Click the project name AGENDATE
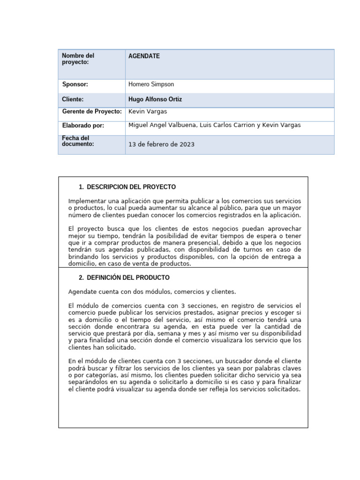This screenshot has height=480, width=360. pos(144,56)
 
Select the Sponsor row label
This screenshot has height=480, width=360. pos(75,84)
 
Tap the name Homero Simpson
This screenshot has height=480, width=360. pos(151,84)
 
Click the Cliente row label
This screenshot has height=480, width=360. pos(73,99)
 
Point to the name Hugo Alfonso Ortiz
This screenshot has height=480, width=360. pos(155,99)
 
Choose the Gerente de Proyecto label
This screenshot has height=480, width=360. pos(92,112)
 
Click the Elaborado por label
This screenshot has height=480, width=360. pos(83,126)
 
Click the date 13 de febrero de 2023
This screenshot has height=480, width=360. pos(161,144)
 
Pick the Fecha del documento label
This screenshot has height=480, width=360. pos(78,141)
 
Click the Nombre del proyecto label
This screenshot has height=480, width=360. pos(78,59)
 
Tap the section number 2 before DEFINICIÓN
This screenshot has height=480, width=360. pos(81,278)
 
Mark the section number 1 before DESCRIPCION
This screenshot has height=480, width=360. pos(81,187)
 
